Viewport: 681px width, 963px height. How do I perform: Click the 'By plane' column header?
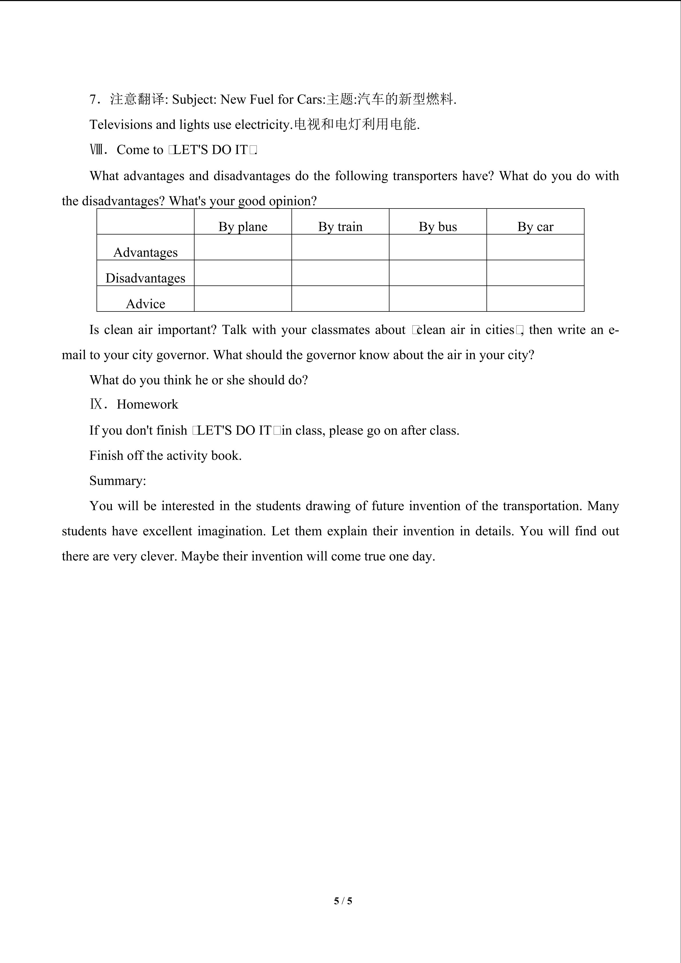pos(243,227)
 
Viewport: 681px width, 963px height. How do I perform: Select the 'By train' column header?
pos(340,227)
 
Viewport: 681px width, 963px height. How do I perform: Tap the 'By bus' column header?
pos(438,227)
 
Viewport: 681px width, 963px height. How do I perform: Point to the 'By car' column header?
pos(535,227)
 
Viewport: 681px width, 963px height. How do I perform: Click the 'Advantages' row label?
pos(146,252)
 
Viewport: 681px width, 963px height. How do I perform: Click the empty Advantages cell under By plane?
pos(243,247)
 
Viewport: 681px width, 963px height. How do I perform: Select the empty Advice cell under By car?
pos(535,299)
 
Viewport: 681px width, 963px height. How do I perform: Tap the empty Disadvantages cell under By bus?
pos(438,273)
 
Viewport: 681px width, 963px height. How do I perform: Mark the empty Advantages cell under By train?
pos(340,247)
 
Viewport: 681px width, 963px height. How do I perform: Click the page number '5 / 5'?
pos(343,900)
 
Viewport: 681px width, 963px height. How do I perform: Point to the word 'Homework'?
pos(147,404)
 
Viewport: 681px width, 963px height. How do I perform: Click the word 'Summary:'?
pos(118,481)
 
